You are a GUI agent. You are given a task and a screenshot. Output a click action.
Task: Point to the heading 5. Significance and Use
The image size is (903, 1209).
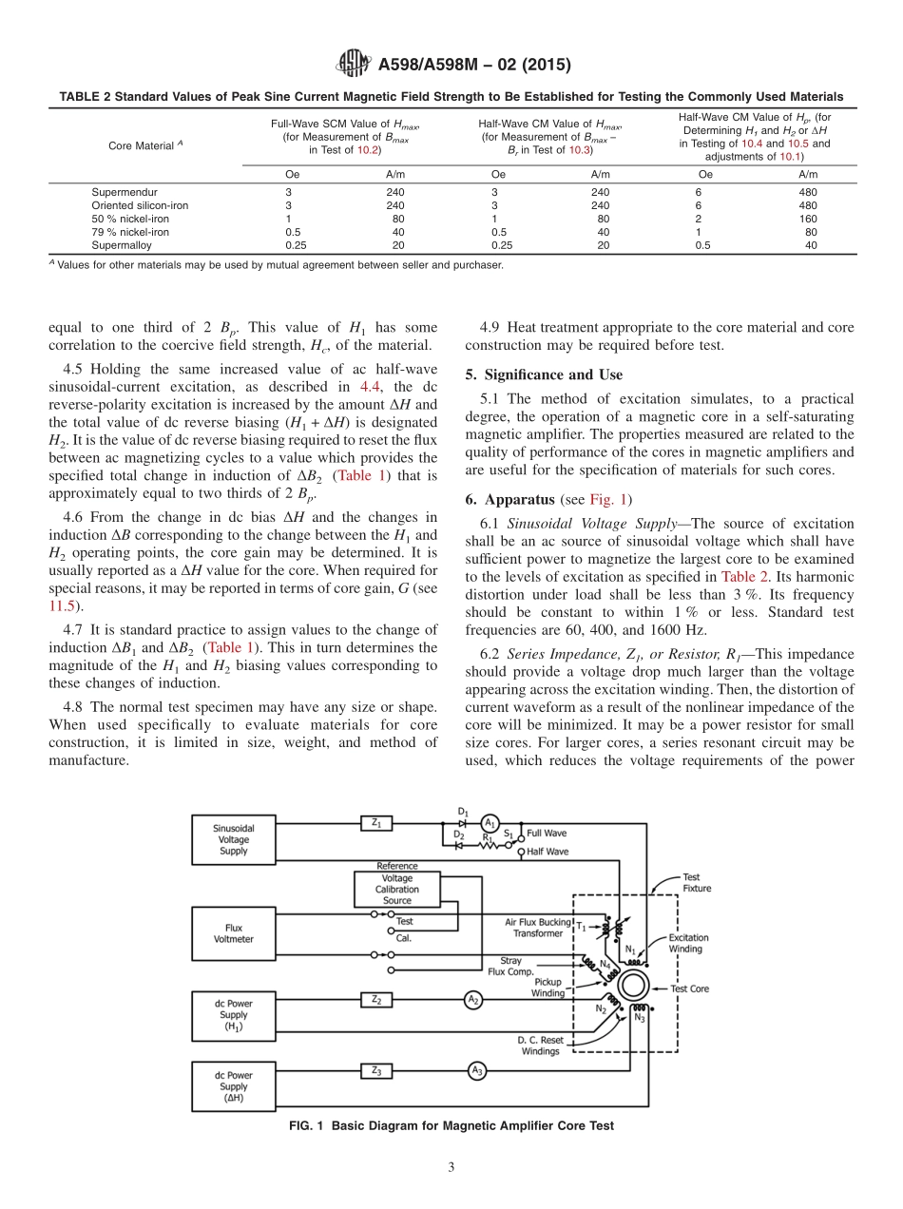[x=544, y=374]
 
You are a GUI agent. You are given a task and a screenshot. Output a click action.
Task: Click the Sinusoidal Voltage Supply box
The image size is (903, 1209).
[x=234, y=839]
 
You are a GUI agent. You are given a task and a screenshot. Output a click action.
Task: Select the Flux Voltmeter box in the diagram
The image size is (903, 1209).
[x=234, y=932]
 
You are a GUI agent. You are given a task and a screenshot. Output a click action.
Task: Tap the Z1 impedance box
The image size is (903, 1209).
[x=376, y=824]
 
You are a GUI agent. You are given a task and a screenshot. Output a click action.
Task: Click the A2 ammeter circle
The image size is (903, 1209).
[x=472, y=999]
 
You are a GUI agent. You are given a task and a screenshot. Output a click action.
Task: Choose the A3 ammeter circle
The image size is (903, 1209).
[x=477, y=1070]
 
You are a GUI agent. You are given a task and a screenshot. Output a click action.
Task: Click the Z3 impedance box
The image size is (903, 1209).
[x=376, y=1070]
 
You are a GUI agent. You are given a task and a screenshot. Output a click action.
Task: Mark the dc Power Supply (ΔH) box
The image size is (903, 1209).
[x=234, y=1085]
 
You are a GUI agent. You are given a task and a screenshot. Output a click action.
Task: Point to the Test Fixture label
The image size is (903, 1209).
[x=696, y=883]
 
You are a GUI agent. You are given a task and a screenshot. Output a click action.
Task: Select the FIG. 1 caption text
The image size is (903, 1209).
[x=451, y=1125]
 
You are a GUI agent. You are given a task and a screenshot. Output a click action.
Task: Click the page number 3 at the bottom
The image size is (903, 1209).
[x=451, y=1168]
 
